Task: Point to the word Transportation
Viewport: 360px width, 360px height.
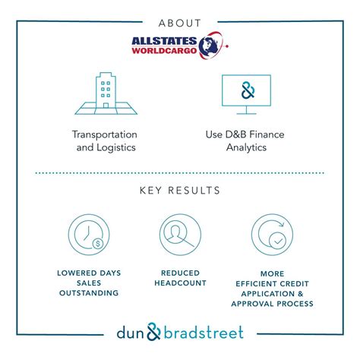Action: (106, 134)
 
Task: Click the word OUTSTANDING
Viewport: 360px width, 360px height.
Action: (90, 293)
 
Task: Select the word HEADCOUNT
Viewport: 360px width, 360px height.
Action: (180, 283)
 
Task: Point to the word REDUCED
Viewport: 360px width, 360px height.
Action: (180, 272)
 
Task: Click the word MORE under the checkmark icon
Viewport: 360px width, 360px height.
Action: (274, 272)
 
